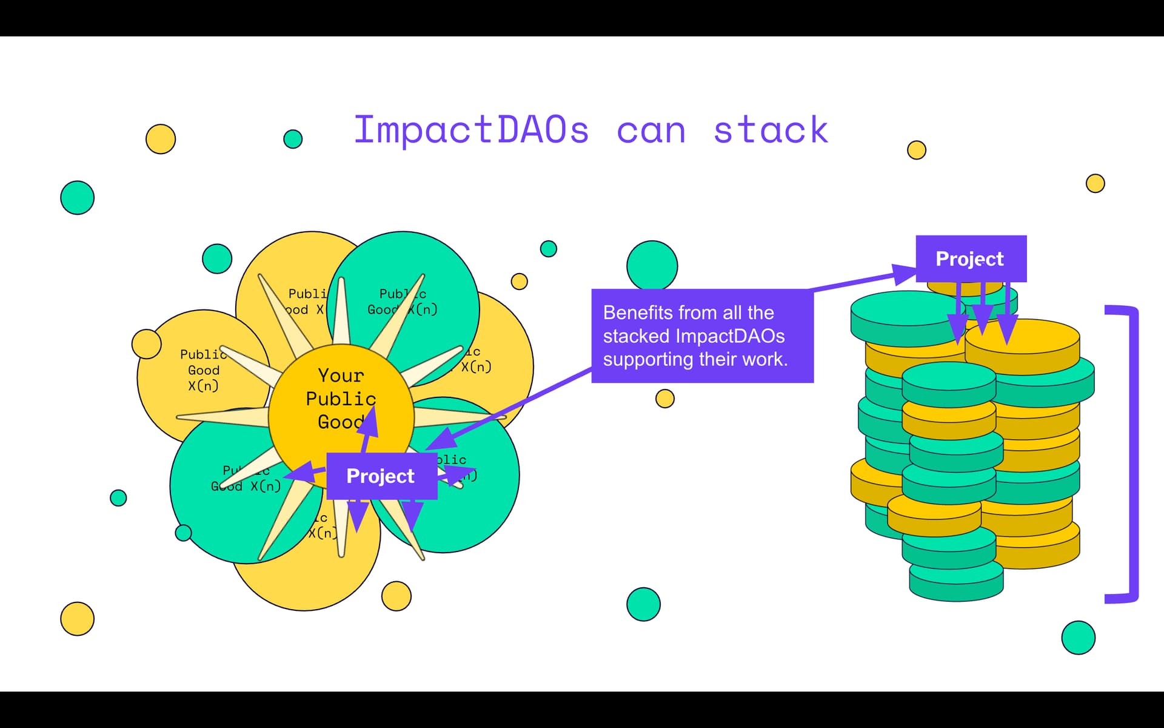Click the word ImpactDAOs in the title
(471, 130)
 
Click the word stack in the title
(770, 130)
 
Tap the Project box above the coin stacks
(971, 258)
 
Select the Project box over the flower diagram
(381, 476)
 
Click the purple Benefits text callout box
(702, 335)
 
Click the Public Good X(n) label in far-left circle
(203, 370)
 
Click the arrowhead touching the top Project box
(903, 274)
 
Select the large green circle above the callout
(652, 265)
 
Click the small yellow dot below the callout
(665, 399)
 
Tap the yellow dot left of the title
(161, 139)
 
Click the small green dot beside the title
(293, 139)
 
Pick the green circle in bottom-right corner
(1078, 638)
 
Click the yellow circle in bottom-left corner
(78, 619)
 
